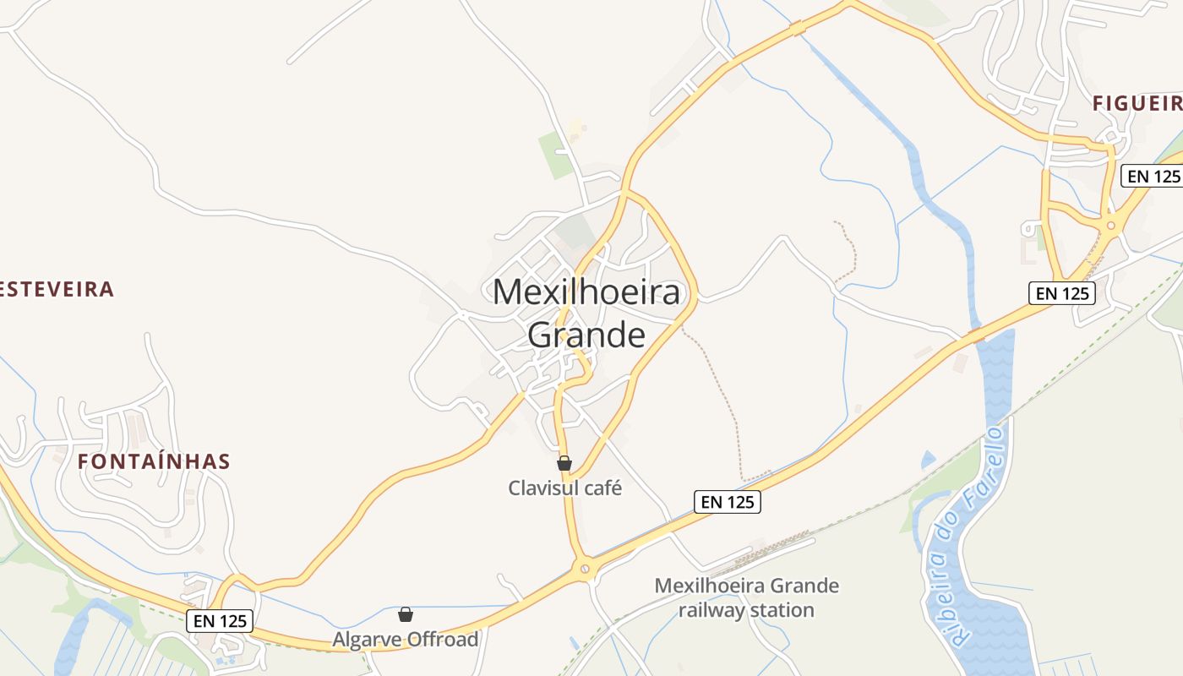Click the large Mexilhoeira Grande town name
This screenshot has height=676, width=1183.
586,313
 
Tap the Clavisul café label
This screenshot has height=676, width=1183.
564,488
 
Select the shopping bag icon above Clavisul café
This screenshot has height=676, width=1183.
564,463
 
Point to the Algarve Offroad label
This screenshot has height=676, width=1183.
405,640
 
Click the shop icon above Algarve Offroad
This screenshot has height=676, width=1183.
406,614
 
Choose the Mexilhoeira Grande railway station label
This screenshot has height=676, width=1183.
747,597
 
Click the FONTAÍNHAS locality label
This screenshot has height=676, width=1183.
154,461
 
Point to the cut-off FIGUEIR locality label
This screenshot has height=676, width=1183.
1137,103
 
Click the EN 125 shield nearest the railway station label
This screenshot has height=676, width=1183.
728,502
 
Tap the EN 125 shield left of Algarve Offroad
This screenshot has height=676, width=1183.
220,621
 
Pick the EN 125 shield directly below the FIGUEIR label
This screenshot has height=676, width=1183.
1152,176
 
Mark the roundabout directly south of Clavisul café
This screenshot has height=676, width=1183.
584,570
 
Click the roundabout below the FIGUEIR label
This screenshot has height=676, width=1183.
1111,225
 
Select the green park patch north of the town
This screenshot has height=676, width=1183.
557,155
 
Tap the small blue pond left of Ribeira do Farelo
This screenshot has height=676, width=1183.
928,461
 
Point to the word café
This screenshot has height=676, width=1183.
601,488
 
